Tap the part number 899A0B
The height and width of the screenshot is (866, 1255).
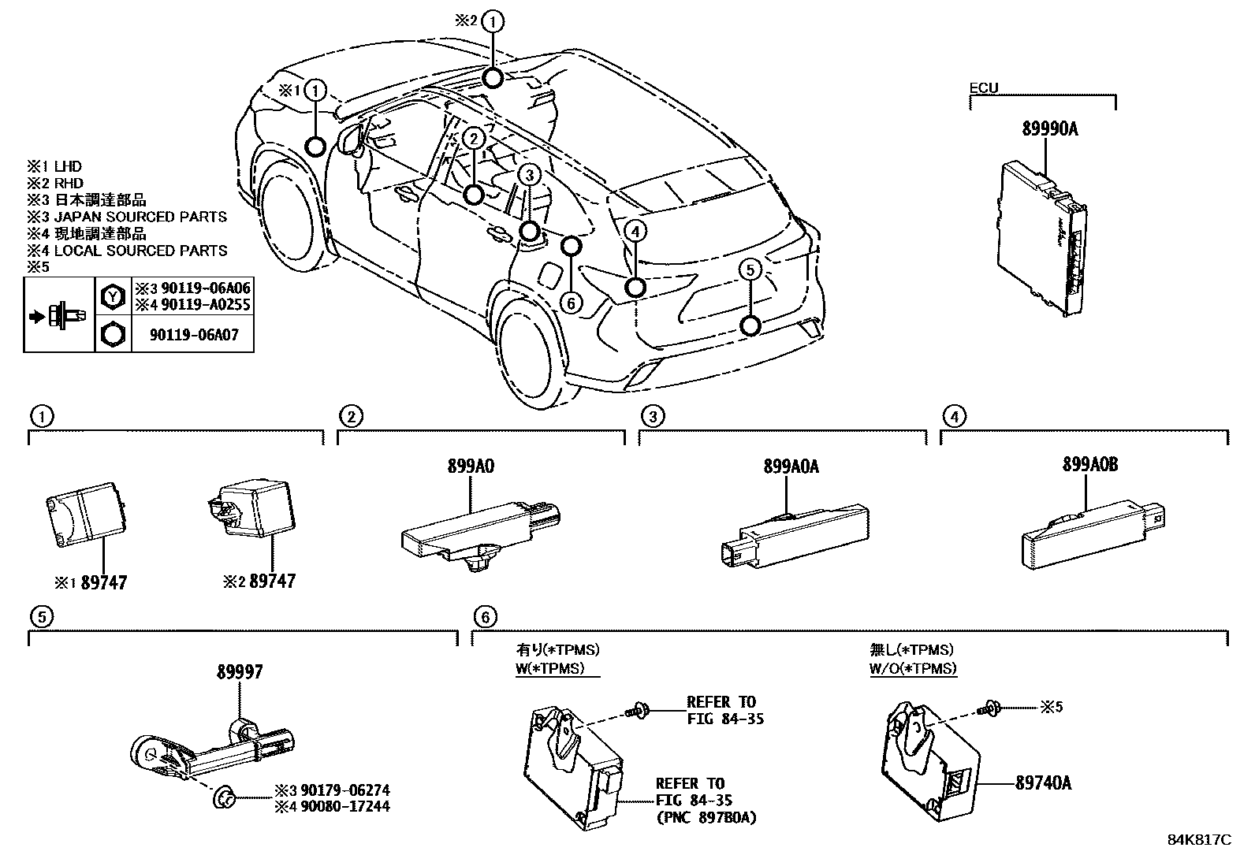tap(1089, 465)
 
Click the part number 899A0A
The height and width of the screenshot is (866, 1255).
tap(791, 466)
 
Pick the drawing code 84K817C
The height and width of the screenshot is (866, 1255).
tap(1199, 840)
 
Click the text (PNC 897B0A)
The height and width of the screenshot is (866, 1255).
tap(705, 817)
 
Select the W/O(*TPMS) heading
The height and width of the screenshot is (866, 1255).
tap(913, 668)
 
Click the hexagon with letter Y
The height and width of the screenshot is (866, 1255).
tap(113, 296)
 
